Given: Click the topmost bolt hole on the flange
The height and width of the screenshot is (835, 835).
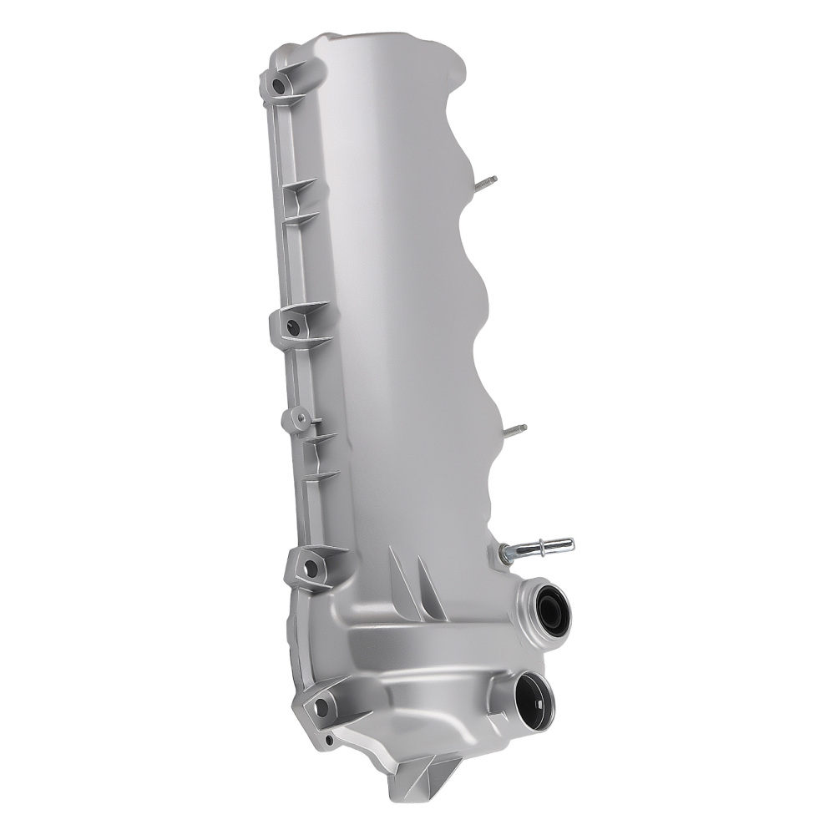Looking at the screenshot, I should click(x=278, y=84).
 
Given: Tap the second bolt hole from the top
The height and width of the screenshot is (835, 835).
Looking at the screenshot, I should click(x=292, y=327).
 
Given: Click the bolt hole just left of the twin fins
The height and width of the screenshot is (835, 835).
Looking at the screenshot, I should click(x=311, y=569).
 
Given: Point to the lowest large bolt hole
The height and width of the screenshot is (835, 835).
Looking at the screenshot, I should click(x=321, y=709).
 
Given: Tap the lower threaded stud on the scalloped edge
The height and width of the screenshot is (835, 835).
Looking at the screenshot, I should click(x=515, y=430).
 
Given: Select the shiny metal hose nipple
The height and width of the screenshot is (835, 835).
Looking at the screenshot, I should click(x=543, y=547).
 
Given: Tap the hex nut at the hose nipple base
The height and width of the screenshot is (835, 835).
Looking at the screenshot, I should click(x=506, y=553).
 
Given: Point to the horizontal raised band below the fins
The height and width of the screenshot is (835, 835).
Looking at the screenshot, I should click(x=417, y=647).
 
